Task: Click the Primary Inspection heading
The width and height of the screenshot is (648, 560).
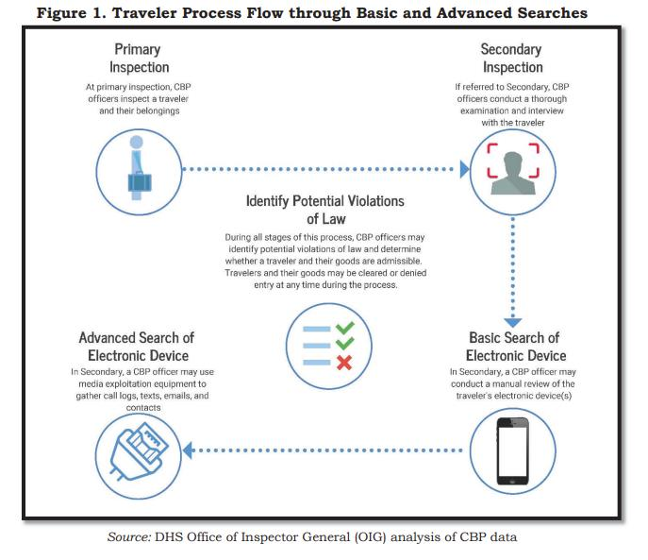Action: (x=140, y=59)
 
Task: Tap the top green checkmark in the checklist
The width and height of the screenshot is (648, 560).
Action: (x=345, y=330)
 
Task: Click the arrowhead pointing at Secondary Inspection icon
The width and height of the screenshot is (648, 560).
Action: (x=463, y=170)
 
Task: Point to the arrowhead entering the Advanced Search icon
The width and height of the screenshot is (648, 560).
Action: (x=189, y=450)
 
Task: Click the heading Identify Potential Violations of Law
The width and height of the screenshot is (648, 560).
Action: (x=324, y=211)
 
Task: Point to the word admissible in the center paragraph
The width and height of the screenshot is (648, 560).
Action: (x=401, y=260)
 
